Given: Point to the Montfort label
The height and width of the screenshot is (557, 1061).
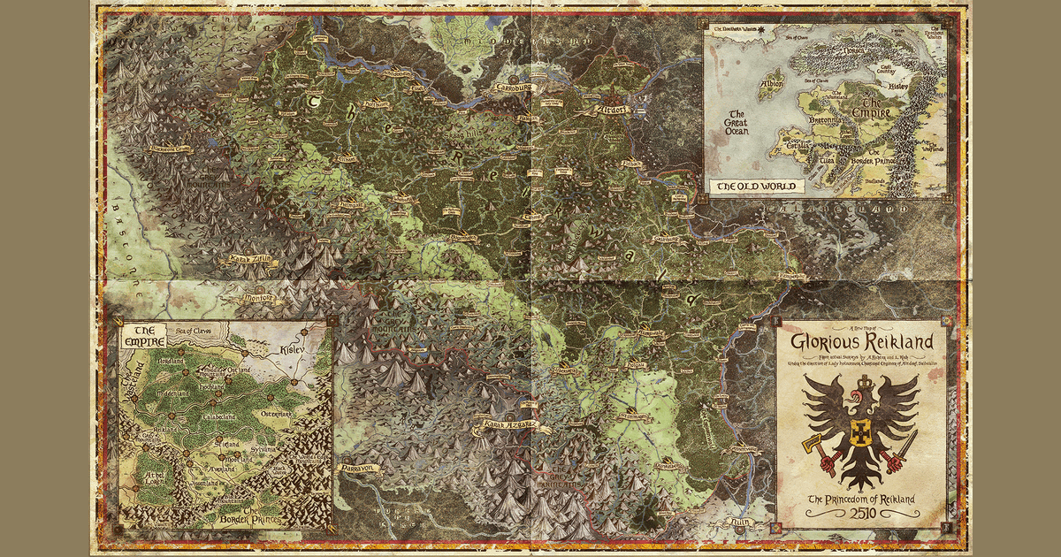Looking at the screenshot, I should click(x=257, y=300).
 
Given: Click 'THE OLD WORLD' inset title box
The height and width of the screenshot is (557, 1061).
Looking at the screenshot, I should click(x=757, y=187).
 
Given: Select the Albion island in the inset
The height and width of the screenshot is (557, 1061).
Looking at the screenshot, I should click(x=771, y=82).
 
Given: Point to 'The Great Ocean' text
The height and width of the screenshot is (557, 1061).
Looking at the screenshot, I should click(x=737, y=123).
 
